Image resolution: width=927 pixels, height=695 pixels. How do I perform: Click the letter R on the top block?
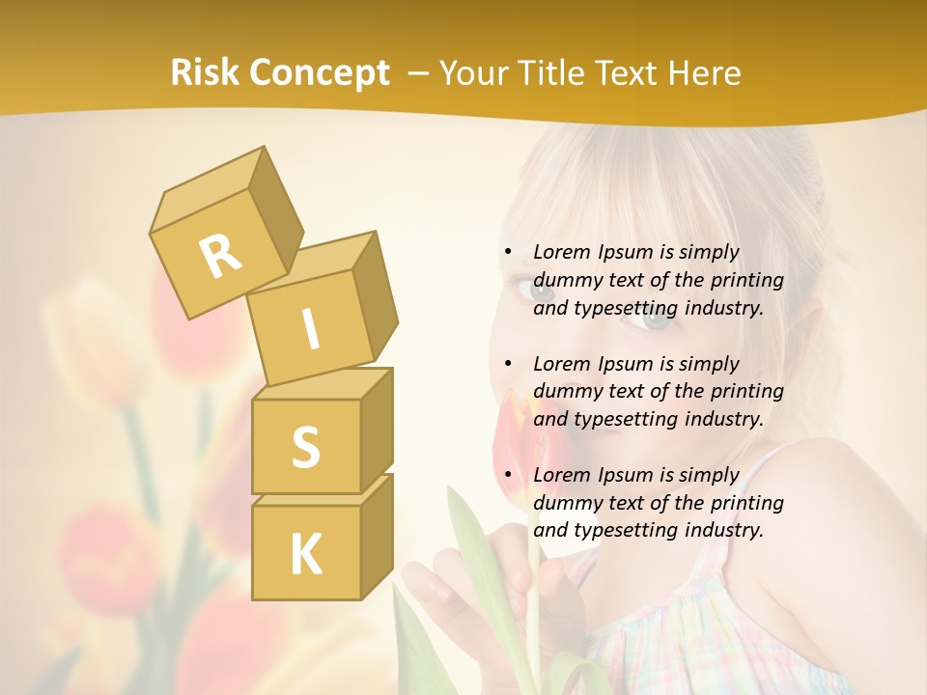pos(221,255)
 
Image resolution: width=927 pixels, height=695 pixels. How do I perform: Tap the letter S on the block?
pos(305,446)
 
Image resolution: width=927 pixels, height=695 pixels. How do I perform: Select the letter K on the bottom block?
pos(305,554)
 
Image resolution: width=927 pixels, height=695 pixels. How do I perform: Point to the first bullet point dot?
pos(509,253)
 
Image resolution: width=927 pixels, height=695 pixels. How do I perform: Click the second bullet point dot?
pos(509,365)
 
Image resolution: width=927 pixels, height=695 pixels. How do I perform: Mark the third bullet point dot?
pos(509,476)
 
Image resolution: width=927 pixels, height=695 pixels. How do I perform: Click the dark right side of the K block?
pos(377,536)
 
